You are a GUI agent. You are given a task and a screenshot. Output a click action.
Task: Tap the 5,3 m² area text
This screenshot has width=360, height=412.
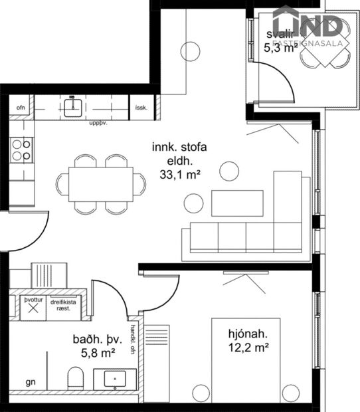click(279, 47)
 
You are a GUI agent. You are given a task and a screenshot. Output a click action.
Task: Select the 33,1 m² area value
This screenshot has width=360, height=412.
click(180, 175)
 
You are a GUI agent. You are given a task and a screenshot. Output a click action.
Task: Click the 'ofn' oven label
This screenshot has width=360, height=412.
click(20, 107)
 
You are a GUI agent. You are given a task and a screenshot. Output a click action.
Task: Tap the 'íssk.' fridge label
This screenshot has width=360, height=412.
click(141, 107)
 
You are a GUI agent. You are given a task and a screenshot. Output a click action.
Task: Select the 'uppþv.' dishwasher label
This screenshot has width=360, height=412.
click(98, 122)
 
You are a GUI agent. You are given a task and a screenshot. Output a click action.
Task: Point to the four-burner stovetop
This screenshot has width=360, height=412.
click(21, 150)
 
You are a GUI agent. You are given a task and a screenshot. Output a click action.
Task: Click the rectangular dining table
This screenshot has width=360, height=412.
click(101, 184)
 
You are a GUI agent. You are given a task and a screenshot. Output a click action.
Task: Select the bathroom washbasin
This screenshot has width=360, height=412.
click(115, 379)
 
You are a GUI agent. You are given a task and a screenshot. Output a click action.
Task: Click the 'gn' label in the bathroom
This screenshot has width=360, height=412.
click(30, 383)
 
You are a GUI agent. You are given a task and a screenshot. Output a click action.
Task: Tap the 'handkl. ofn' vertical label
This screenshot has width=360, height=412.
click(134, 339)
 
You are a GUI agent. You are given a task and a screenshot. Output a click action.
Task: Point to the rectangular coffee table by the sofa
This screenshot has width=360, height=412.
click(237, 203)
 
